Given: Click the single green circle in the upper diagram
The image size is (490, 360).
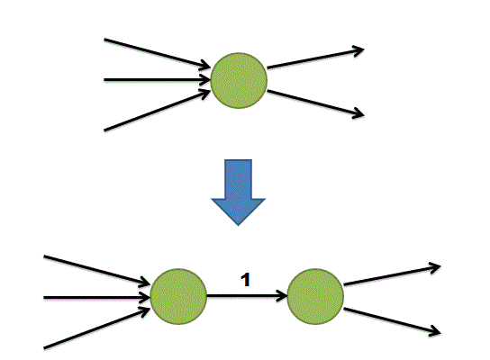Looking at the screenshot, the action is tap(239, 81).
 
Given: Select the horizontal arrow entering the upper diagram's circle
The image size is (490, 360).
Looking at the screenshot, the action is tap(158, 80).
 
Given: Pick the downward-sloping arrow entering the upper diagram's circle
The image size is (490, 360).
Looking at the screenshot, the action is tap(158, 53).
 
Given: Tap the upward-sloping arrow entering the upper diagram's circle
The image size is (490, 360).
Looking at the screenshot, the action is tap(158, 110).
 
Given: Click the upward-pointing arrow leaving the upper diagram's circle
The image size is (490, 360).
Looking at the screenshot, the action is tap(315, 58).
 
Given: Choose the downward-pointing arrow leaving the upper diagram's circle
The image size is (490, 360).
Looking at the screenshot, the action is tap(315, 103).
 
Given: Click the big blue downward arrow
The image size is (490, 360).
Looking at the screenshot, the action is tap(238, 193).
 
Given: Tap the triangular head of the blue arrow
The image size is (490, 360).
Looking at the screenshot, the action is tap(238, 212).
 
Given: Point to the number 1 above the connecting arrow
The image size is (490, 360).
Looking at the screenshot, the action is tap(246, 280).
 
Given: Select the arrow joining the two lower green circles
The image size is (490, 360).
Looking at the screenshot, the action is tap(247, 295).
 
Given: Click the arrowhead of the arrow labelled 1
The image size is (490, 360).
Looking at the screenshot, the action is tap(282, 295).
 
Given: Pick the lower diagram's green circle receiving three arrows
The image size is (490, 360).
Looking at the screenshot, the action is tap(178, 296).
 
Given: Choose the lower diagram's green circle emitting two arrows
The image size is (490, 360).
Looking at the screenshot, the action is tap(315, 296).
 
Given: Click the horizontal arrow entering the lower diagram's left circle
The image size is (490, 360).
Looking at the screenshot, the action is tap(97, 297).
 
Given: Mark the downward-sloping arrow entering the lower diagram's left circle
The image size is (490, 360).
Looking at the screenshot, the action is tap(97, 270).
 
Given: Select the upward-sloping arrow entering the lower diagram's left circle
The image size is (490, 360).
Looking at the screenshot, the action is tap(97, 328).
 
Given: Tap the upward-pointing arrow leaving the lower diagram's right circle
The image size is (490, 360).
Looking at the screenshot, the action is tap(392, 275).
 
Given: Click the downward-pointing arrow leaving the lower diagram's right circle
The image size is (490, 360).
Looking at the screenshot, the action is tap(392, 320).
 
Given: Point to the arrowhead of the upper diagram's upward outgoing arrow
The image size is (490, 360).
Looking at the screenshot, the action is tap(359, 50).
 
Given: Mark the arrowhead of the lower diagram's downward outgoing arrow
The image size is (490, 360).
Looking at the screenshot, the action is tap(435, 331).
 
